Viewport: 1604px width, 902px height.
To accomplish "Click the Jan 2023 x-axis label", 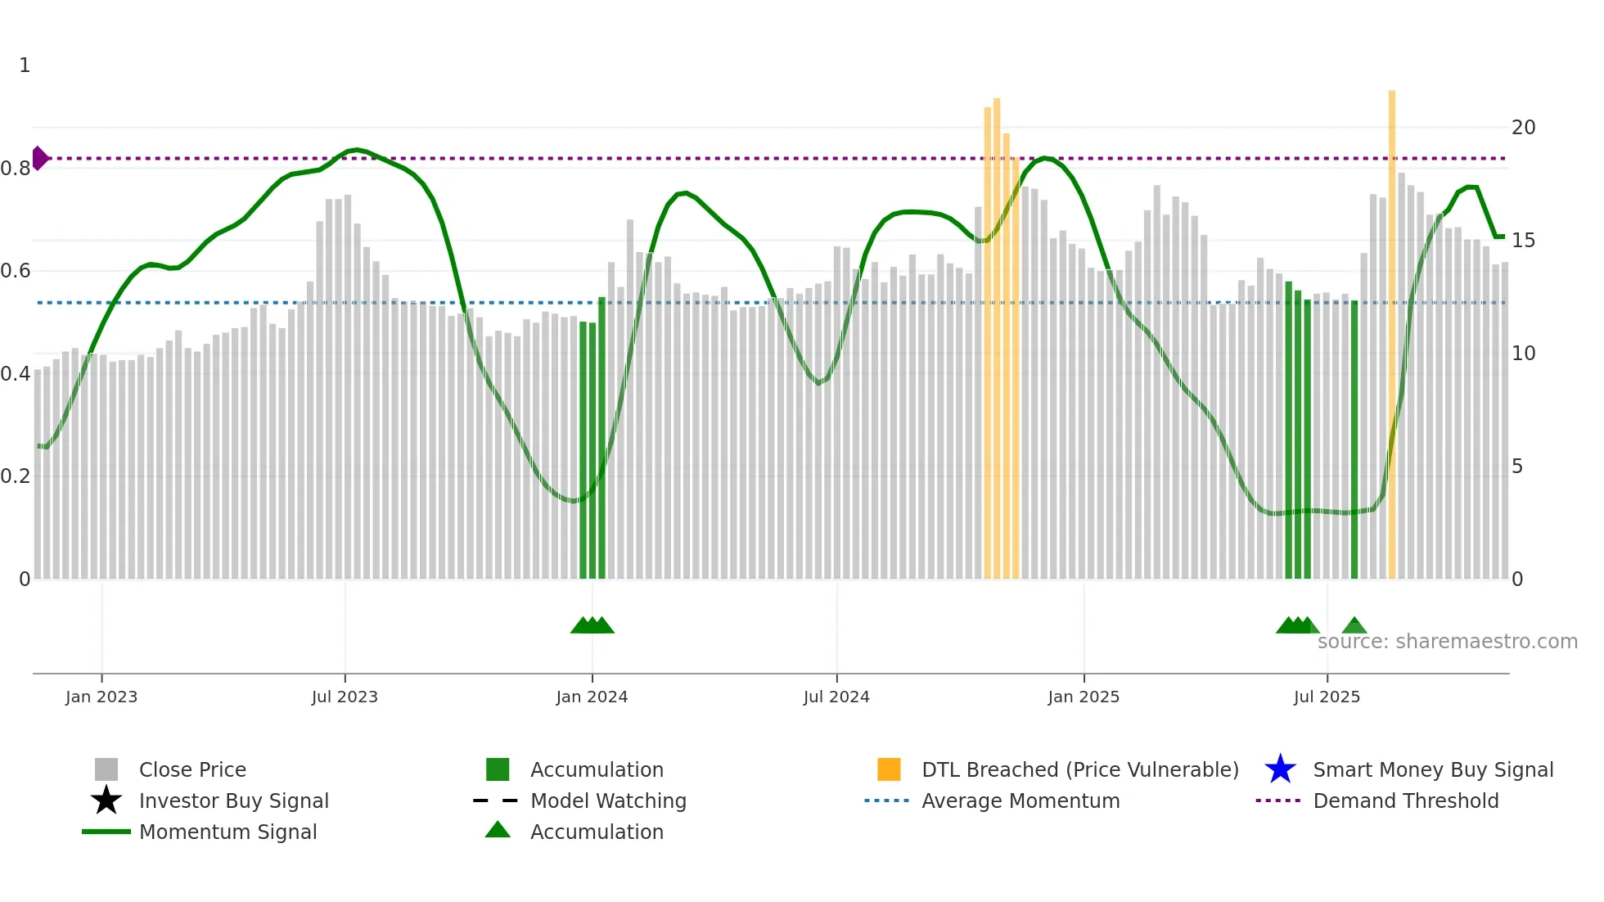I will pyautogui.click(x=101, y=697).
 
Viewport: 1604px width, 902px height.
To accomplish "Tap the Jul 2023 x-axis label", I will pyautogui.click(x=345, y=697).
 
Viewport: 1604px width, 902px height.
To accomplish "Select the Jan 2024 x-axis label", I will pyautogui.click(x=592, y=697).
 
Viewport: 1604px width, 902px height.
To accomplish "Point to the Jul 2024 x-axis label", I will pyautogui.click(x=836, y=697).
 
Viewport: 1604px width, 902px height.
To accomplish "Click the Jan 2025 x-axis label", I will pyautogui.click(x=1084, y=697).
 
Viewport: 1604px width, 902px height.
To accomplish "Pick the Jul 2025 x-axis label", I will pyautogui.click(x=1327, y=697).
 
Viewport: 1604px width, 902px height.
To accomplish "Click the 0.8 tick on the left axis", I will pyautogui.click(x=16, y=169).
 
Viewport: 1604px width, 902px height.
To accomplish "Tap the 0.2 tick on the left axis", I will pyautogui.click(x=16, y=476).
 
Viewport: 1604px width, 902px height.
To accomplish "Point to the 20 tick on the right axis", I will pyautogui.click(x=1523, y=128).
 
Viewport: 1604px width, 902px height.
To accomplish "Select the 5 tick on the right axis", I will pyautogui.click(x=1517, y=467).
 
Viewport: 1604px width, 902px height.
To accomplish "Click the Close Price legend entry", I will pyautogui.click(x=192, y=770).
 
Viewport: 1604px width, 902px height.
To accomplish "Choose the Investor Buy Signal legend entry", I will pyautogui.click(x=233, y=801).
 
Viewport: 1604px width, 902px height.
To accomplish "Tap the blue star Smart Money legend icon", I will pyautogui.click(x=1280, y=770).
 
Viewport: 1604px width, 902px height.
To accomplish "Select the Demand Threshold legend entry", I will pyautogui.click(x=1405, y=801).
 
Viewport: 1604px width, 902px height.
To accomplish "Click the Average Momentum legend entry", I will pyautogui.click(x=1021, y=801).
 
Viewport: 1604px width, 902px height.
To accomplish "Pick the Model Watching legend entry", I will pyautogui.click(x=608, y=801).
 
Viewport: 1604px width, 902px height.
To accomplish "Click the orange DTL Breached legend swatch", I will pyautogui.click(x=889, y=770).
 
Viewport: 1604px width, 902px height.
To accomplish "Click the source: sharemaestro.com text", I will pyautogui.click(x=1447, y=642).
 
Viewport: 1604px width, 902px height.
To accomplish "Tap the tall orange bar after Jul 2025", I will pyautogui.click(x=1392, y=327).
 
